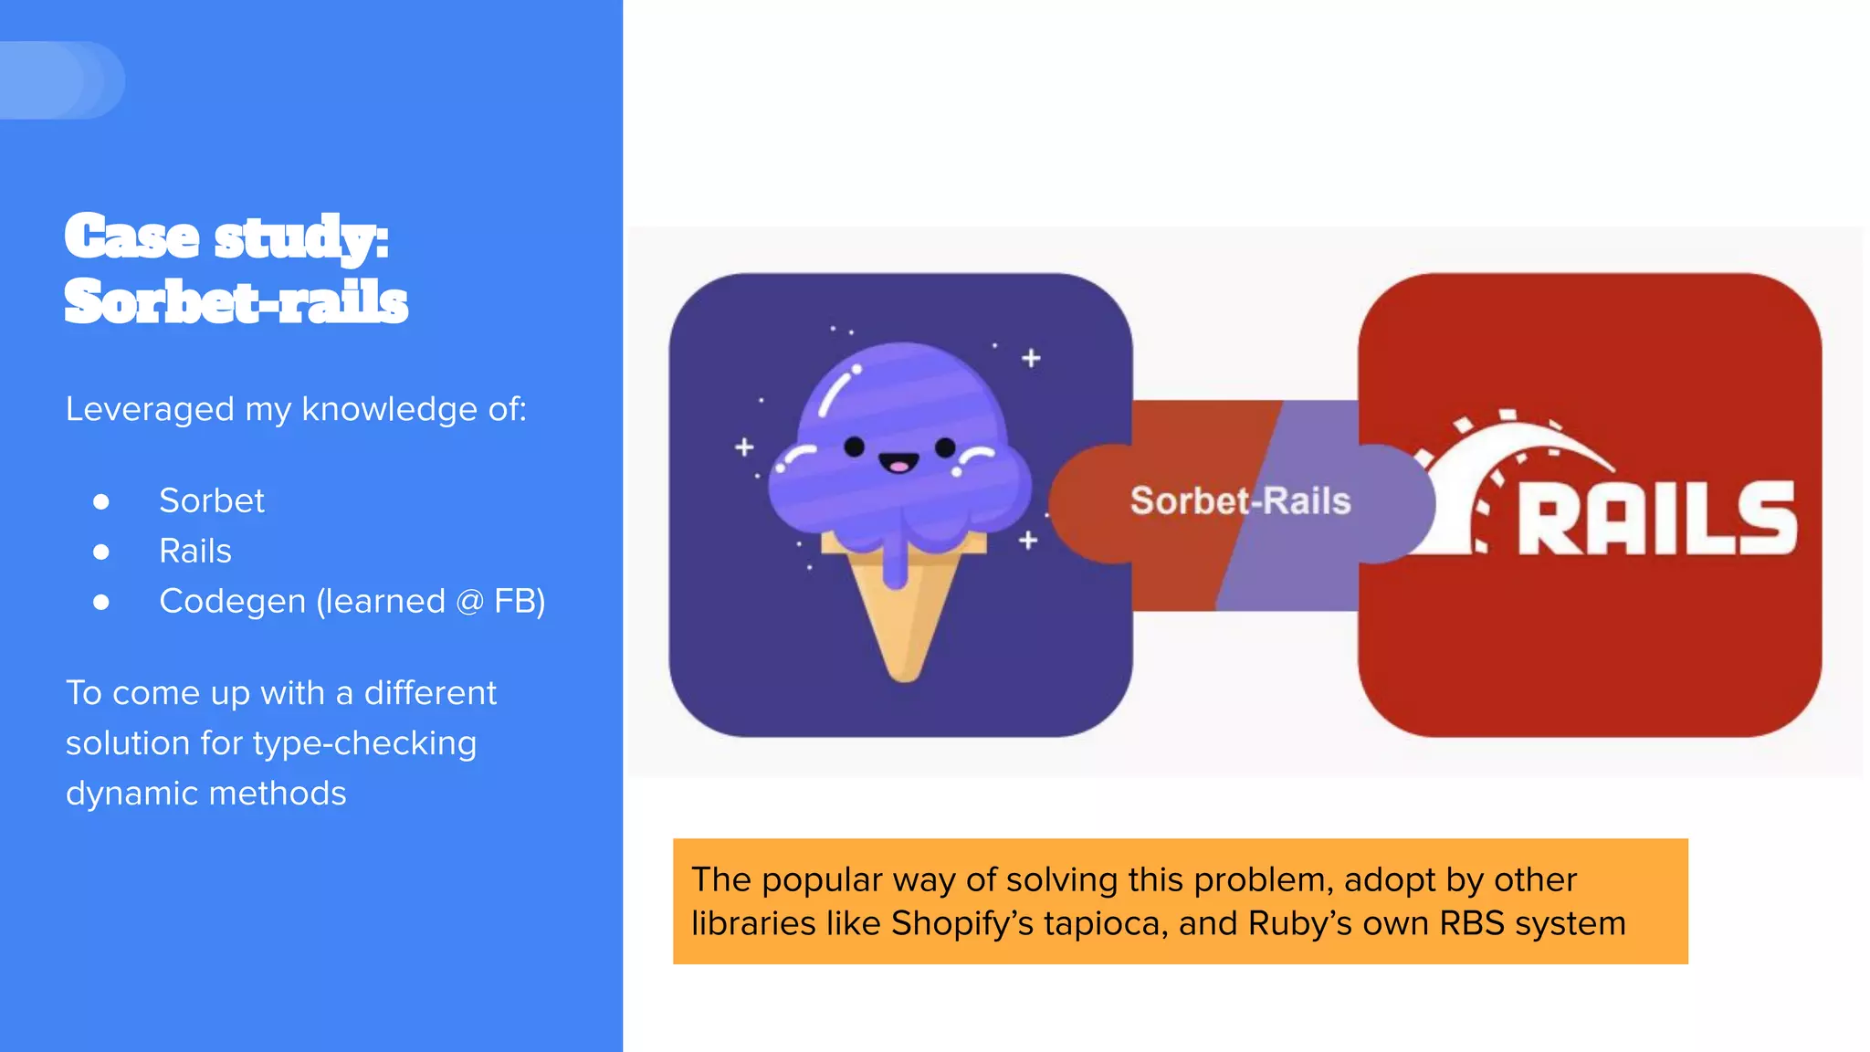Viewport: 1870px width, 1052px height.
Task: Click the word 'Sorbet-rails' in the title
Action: coord(236,301)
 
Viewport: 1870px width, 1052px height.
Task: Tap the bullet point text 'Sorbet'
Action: coord(212,500)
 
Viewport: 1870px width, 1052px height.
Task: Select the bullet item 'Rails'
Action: coord(195,551)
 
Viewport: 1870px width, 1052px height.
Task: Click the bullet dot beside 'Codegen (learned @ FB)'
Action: coord(101,602)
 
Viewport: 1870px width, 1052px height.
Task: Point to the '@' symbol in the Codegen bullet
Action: coord(469,602)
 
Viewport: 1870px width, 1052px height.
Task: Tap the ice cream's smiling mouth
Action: coord(898,464)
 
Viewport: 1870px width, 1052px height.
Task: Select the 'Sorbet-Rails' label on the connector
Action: coord(1240,500)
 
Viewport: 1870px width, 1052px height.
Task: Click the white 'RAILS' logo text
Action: coord(1657,519)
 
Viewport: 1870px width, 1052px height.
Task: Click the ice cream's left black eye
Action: coord(855,447)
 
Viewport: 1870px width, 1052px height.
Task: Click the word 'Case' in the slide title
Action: coord(132,237)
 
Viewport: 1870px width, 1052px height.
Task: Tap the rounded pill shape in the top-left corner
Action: coord(60,80)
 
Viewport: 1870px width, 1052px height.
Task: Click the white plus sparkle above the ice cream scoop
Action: coord(1031,358)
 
